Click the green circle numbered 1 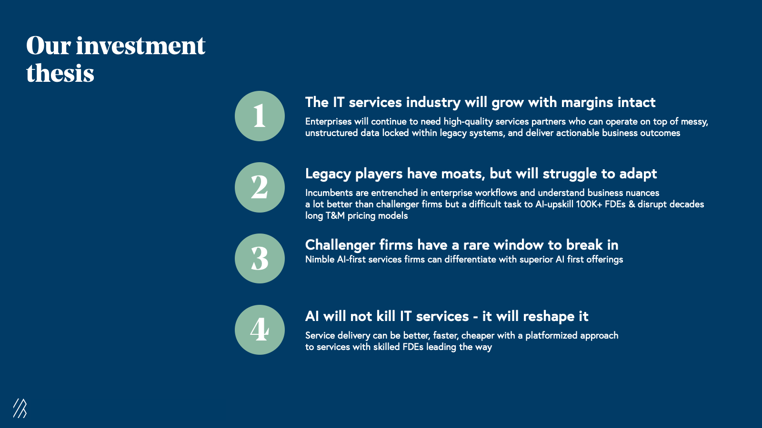(260, 116)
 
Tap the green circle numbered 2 (260, 187)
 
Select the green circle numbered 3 (260, 259)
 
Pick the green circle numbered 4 (260, 330)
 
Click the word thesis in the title (60, 73)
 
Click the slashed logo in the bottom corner (20, 408)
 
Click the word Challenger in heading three (340, 245)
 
